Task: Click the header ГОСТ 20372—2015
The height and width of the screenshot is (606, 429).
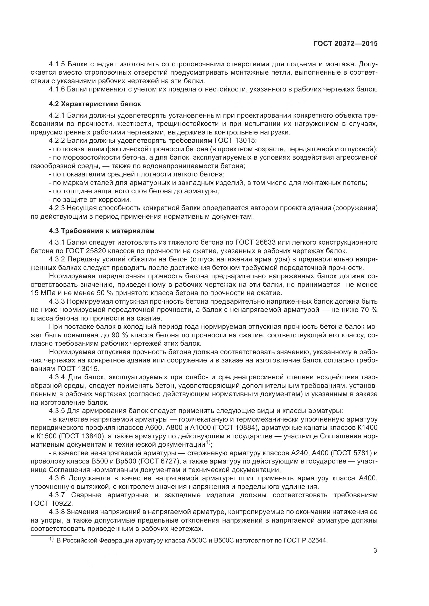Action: click(x=345, y=44)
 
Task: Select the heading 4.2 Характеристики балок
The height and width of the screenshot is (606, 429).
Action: click(x=95, y=104)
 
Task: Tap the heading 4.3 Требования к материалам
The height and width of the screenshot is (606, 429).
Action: click(x=101, y=231)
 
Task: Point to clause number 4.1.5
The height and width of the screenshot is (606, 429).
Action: click(x=57, y=64)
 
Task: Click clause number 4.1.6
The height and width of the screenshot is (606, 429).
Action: click(x=57, y=89)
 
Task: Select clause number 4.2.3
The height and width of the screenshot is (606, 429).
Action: click(x=57, y=208)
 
